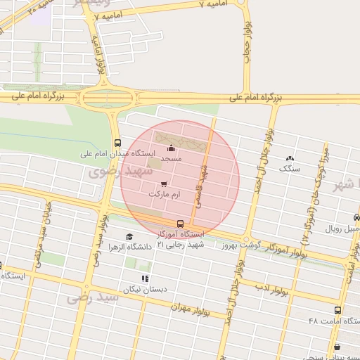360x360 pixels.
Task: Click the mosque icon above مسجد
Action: tap(172, 148)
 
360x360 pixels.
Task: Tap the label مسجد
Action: tap(172, 160)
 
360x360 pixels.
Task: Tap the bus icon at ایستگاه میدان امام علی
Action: tap(117, 141)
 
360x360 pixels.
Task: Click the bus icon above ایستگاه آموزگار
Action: tap(181, 223)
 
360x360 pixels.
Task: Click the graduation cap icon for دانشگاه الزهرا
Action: tap(129, 237)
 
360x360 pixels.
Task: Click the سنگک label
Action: tap(289, 169)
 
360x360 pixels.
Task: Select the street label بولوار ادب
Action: tap(269, 287)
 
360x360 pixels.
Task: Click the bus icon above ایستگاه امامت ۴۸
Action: tap(337, 309)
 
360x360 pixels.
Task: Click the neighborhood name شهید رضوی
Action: tap(115, 171)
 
